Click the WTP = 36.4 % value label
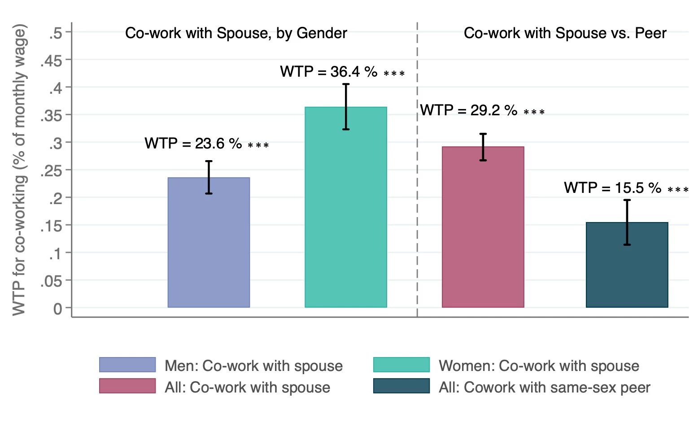point(329,72)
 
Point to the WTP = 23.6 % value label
point(193,144)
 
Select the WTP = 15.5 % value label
point(613,188)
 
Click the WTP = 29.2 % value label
point(469,110)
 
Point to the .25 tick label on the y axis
point(51,171)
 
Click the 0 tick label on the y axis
point(57,309)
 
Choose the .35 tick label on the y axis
point(51,116)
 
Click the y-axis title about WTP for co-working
point(19,170)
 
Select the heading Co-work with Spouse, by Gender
point(236,33)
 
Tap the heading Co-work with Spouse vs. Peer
point(565,33)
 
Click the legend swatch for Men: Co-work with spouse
point(127,365)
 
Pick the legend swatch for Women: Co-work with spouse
point(401,365)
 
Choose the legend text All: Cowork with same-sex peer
point(544,387)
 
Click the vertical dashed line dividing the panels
point(417,179)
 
